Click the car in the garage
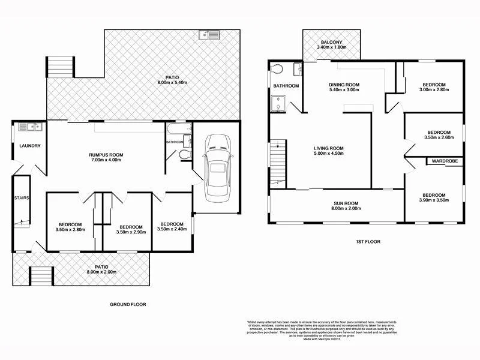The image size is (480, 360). tap(216, 169)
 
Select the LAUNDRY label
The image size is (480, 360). tap(29, 146)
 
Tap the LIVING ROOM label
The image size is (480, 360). tap(328, 148)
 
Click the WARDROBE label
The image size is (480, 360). tap(444, 161)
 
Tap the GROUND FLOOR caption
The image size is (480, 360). tap(128, 305)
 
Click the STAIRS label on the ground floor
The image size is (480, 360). tap(22, 197)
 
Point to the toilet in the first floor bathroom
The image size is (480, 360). tap(277, 70)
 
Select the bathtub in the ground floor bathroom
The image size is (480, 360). tap(172, 130)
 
